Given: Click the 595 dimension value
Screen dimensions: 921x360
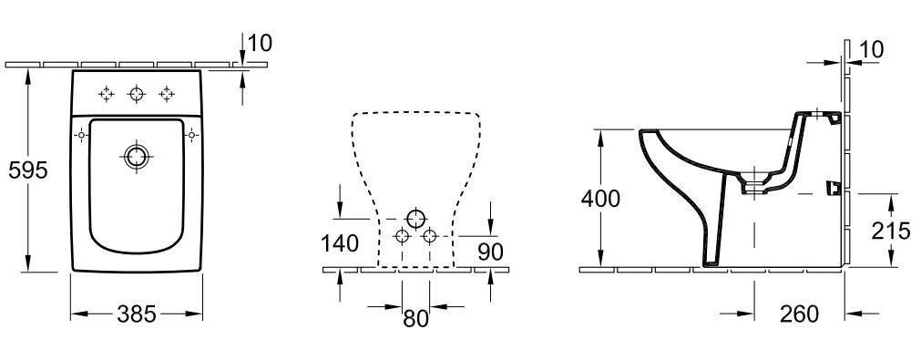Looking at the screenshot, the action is [27, 170].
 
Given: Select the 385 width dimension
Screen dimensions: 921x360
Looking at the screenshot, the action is [137, 314].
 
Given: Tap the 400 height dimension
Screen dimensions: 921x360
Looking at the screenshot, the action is [600, 199].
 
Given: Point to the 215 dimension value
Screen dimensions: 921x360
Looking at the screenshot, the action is [890, 231].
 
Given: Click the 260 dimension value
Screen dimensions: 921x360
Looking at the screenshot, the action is [800, 314].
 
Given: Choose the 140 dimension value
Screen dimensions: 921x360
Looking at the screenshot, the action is [340, 243].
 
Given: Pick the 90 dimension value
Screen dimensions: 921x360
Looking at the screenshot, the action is [490, 252].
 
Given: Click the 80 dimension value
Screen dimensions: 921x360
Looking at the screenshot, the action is [415, 319].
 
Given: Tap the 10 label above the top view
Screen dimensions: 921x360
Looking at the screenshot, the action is [260, 43].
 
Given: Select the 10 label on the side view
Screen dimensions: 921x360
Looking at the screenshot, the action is [871, 50].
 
